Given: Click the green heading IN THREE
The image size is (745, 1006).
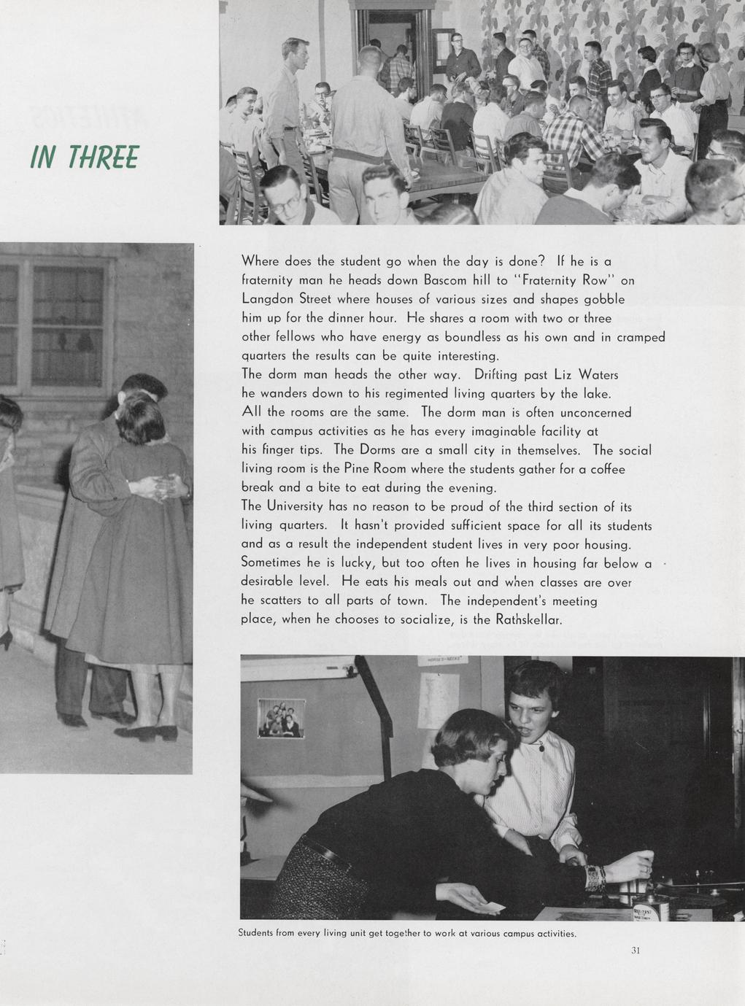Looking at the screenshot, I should point(84,156).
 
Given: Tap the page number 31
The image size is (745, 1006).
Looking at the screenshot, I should point(636,950).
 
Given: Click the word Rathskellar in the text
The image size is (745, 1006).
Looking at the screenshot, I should point(528,620).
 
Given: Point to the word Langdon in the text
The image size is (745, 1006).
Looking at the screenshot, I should point(265,299).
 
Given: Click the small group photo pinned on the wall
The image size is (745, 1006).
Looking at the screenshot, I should point(281,718).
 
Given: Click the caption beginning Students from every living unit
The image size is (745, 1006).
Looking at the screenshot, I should point(407,933).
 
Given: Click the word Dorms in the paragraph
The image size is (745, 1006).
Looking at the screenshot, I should point(377,450).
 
